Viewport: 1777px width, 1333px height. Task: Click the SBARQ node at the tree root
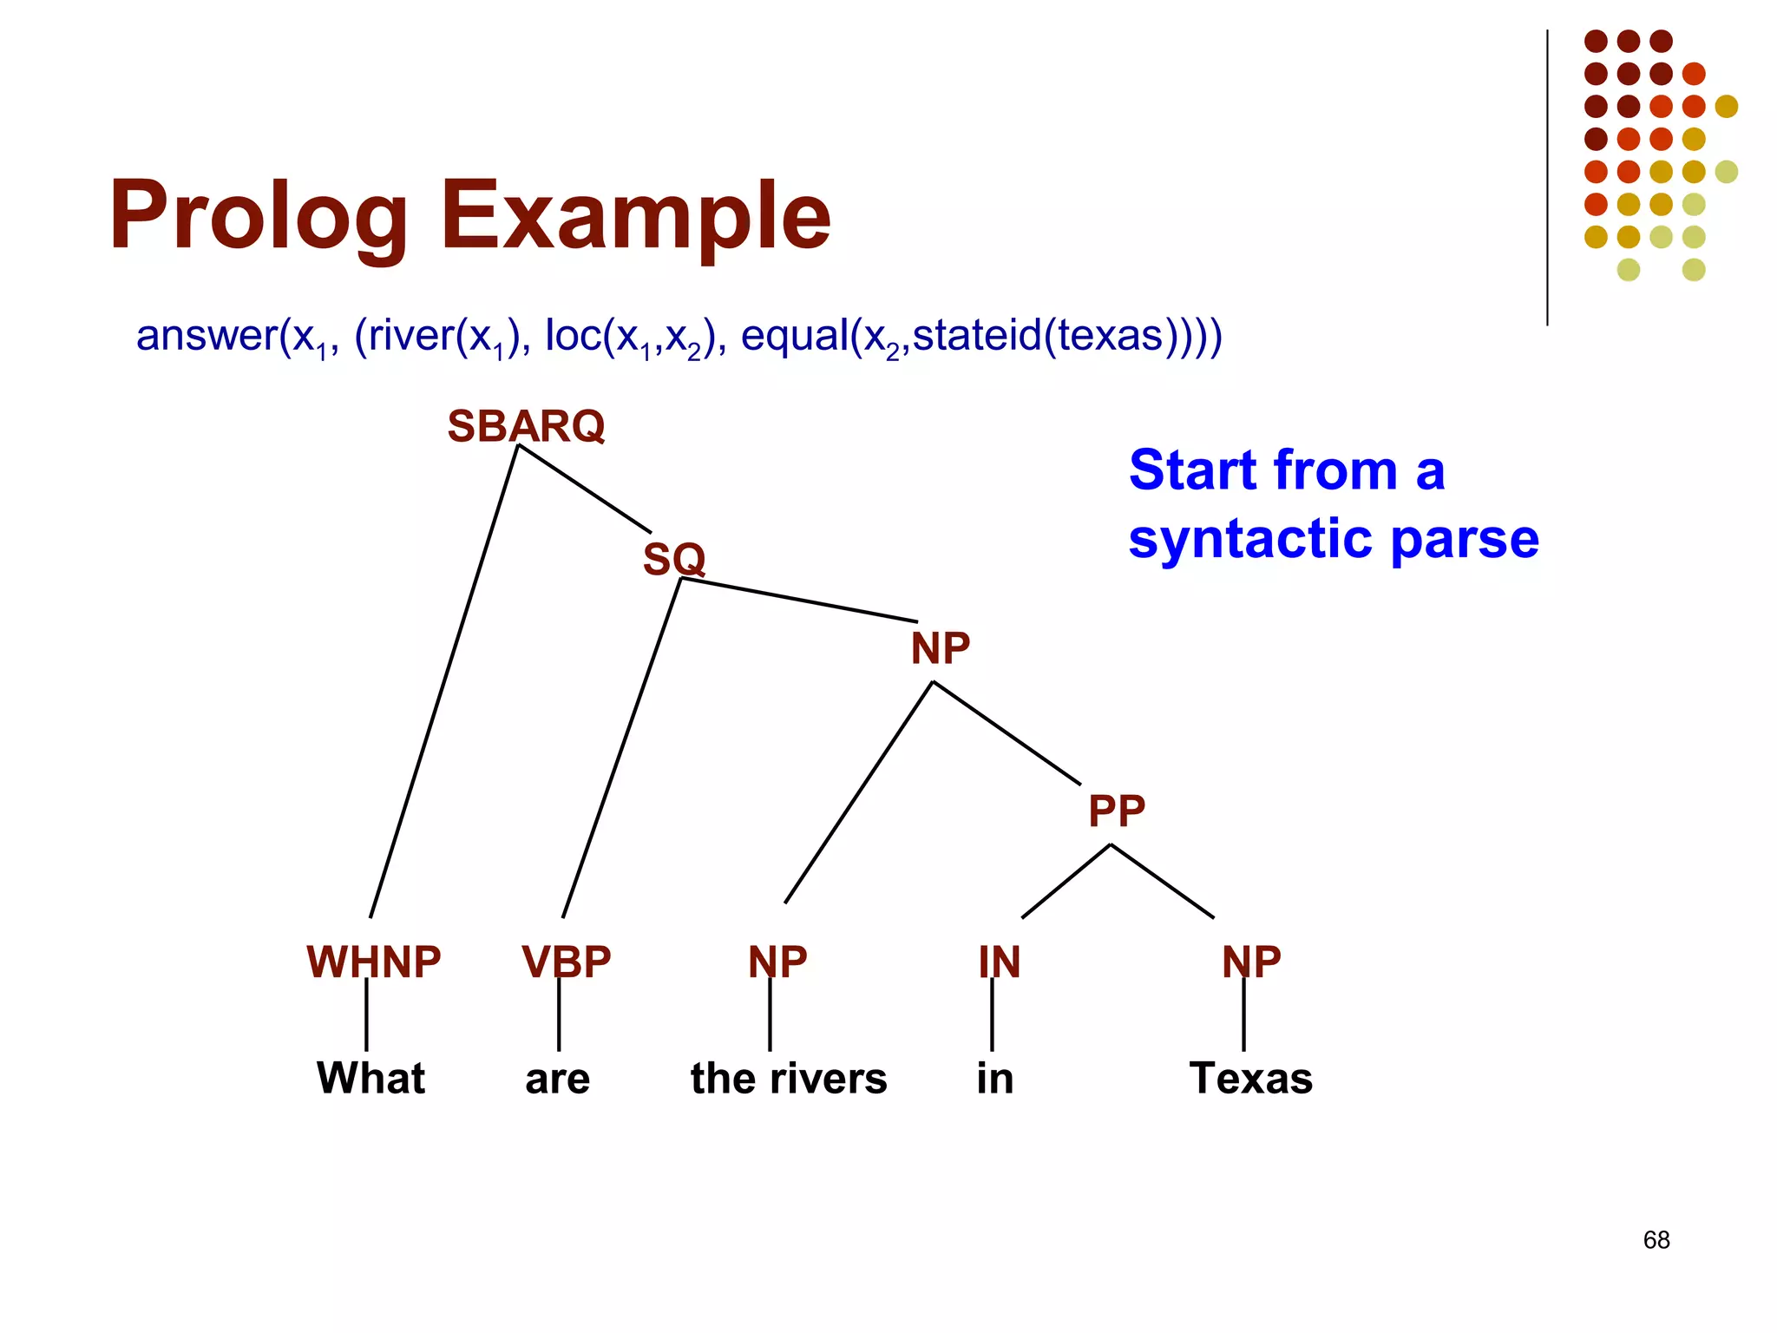526,426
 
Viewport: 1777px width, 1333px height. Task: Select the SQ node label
673,559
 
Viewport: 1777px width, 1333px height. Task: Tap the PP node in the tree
1116,811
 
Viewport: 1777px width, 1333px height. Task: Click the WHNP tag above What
373,962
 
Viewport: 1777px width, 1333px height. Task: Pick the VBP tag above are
566,962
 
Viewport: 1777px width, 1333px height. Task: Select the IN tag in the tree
999,962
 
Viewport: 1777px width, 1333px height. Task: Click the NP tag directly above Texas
1250,962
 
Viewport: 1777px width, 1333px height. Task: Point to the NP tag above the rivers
777,962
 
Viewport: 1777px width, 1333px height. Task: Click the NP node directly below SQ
940,648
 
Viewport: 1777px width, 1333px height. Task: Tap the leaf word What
370,1078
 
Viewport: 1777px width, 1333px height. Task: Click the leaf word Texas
1250,1078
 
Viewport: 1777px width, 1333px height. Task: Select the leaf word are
557,1079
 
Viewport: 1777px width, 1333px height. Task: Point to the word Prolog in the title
258,215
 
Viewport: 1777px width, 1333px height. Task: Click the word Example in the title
635,215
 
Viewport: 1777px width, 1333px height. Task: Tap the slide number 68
1656,1240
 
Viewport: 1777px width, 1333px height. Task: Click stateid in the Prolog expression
976,335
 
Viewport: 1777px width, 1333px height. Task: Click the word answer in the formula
207,335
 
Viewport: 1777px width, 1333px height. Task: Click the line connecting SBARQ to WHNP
443,681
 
